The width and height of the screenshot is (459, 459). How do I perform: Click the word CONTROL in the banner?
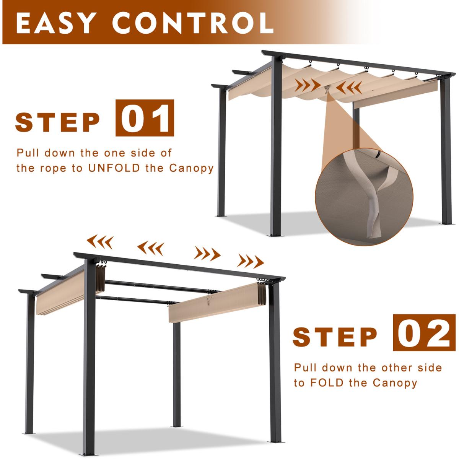[192, 23]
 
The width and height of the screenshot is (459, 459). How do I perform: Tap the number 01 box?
[145, 118]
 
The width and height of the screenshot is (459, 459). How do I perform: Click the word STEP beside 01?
[57, 122]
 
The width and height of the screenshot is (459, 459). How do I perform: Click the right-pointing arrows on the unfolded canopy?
[308, 85]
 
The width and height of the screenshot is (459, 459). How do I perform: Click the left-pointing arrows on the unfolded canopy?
[349, 88]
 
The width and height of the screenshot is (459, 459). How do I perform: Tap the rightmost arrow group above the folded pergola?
[251, 261]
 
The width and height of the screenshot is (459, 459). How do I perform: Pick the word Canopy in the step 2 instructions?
[395, 383]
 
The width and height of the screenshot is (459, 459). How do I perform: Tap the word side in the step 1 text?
[142, 153]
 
